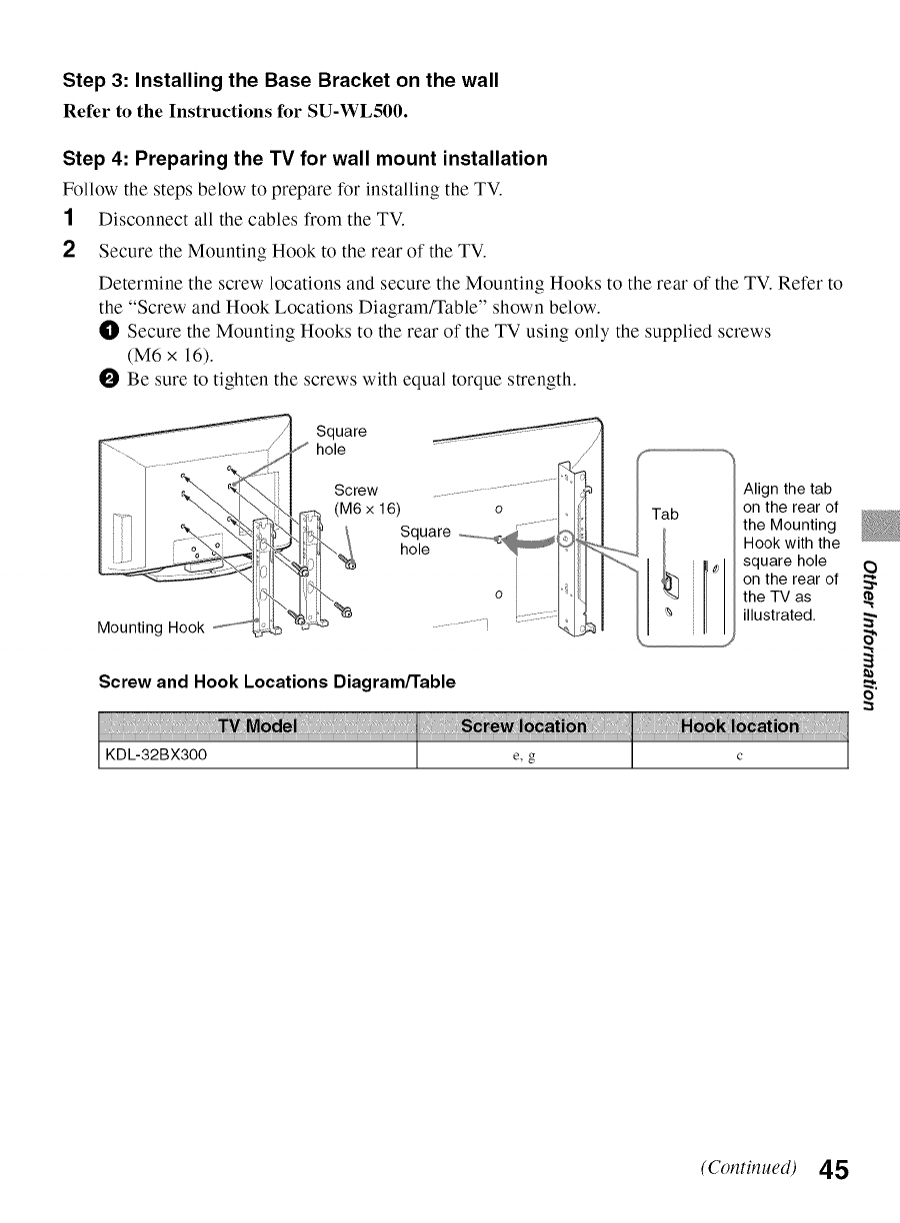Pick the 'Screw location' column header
pyautogui.click(x=524, y=726)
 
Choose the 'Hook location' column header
pyautogui.click(x=739, y=726)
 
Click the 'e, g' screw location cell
pyautogui.click(x=524, y=756)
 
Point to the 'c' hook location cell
pyautogui.click(x=739, y=756)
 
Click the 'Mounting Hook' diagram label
pyautogui.click(x=150, y=627)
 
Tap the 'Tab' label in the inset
pyautogui.click(x=665, y=514)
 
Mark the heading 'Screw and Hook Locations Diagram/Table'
pyautogui.click(x=277, y=681)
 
